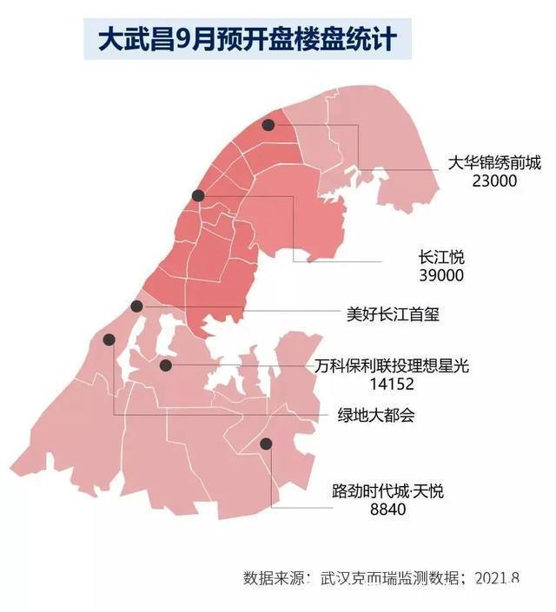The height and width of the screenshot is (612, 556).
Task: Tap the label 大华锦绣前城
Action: [x=493, y=162]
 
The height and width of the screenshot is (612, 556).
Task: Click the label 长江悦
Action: [x=441, y=257]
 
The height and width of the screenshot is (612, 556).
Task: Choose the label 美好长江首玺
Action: [x=392, y=314]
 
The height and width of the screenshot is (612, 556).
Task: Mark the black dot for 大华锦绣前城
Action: [x=268, y=125]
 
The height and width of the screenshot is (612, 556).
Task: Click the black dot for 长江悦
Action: [x=199, y=195]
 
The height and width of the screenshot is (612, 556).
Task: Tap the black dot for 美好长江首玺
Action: [x=136, y=306]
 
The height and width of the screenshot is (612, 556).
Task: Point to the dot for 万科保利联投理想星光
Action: [x=166, y=366]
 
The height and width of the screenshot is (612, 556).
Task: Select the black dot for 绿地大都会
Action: [x=109, y=339]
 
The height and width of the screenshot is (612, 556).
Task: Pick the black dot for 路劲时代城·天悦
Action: [x=266, y=444]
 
